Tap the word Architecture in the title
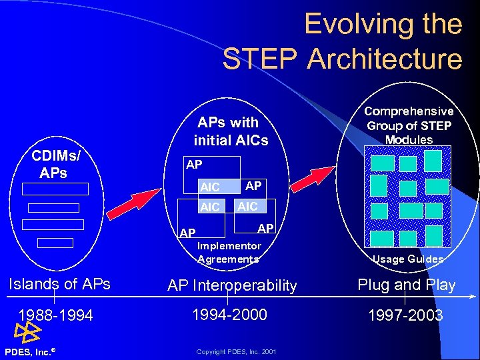click(x=385, y=59)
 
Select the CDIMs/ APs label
click(x=56, y=164)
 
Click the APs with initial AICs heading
click(x=230, y=131)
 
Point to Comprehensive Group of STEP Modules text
click(x=409, y=125)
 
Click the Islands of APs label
click(x=59, y=284)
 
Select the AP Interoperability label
click(x=232, y=286)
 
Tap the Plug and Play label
click(x=407, y=285)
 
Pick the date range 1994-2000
click(x=229, y=314)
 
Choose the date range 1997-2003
click(x=407, y=315)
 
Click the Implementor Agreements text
click(x=229, y=252)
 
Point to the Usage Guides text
click(x=407, y=259)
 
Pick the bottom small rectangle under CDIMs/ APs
click(x=55, y=242)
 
